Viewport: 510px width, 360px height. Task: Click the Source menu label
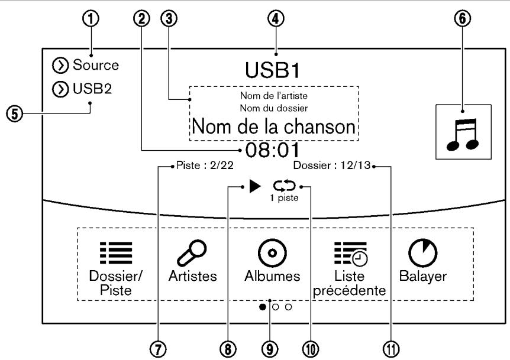coord(96,65)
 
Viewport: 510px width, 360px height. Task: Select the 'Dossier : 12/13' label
coord(331,167)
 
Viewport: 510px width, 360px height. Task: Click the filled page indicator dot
coord(262,307)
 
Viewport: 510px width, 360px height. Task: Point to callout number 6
coord(463,19)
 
